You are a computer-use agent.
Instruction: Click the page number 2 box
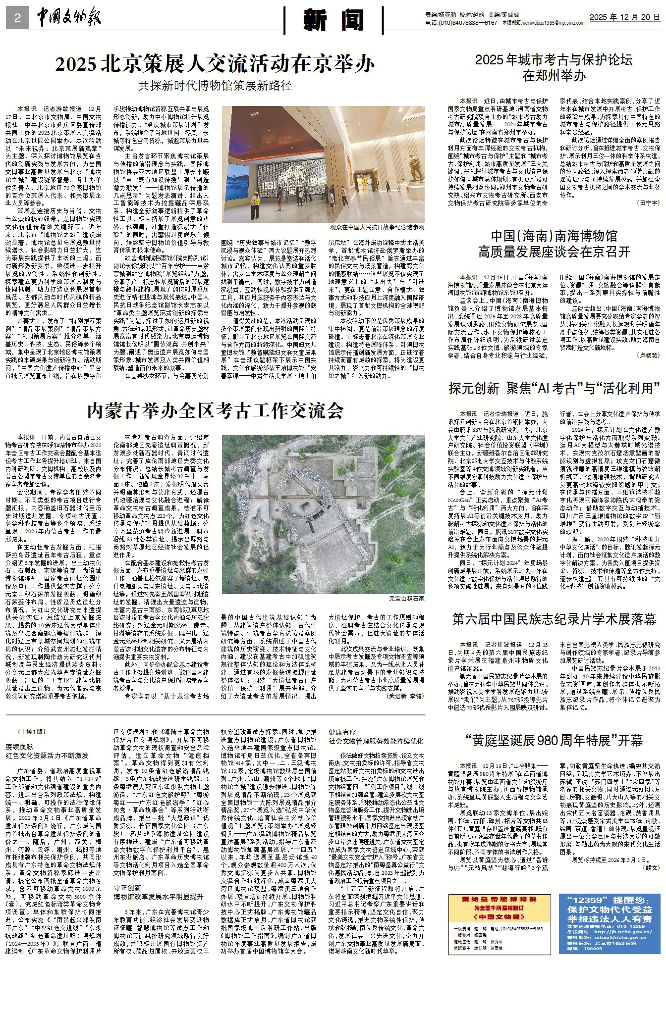[17, 18]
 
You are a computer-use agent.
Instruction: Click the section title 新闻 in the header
[333, 20]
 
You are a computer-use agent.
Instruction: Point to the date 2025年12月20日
[624, 17]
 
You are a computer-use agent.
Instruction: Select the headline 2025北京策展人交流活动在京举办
[215, 64]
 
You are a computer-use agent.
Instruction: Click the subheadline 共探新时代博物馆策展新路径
[215, 86]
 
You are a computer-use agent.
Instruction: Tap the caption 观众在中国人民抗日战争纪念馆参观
[377, 227]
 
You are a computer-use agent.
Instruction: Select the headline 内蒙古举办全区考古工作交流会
[215, 410]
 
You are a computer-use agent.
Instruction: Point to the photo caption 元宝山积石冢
[406, 599]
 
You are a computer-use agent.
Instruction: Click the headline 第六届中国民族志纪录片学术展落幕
[554, 619]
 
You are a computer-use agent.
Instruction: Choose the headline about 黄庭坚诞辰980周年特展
[554, 741]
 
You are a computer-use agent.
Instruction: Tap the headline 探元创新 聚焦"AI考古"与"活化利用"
[554, 388]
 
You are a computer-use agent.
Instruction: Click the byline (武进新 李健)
[405, 696]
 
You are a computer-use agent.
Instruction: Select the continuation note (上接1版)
[32, 732]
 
